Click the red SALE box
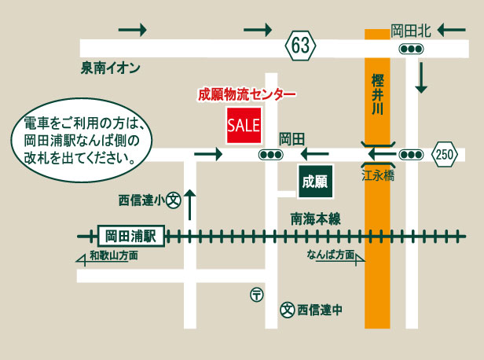[x=244, y=125]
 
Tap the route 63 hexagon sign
[x=299, y=47]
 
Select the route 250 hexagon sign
[x=445, y=155]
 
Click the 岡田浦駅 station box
[x=131, y=235]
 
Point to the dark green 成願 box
[x=315, y=182]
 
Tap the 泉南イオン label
[x=110, y=68]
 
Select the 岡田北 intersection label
[x=411, y=31]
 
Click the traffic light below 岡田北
[x=412, y=49]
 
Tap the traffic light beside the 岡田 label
[x=272, y=155]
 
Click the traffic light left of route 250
[x=410, y=155]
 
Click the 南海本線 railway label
[x=315, y=219]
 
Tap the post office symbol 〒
[x=257, y=295]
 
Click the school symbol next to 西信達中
[x=288, y=310]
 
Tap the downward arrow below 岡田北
[x=422, y=77]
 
